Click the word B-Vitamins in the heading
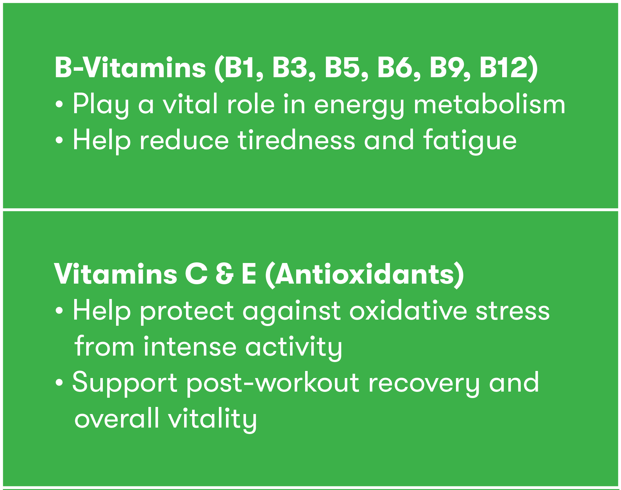point(130,67)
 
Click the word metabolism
point(490,104)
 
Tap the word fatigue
point(470,140)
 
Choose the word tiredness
point(296,140)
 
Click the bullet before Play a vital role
point(59,105)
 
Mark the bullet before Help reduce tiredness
point(59,141)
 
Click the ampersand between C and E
point(224,274)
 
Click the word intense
point(190,347)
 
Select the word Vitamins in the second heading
point(116,274)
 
